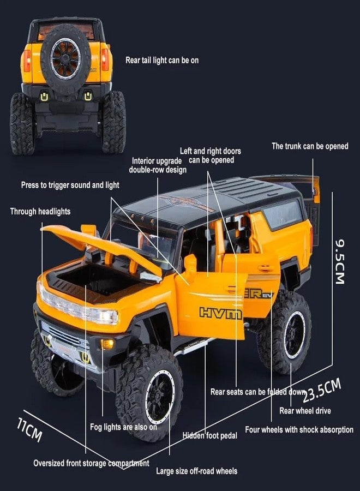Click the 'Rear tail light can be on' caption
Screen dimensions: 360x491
point(162,60)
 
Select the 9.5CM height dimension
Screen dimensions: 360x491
point(340,261)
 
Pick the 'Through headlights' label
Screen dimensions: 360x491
point(40,211)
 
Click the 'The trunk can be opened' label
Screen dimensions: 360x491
point(310,146)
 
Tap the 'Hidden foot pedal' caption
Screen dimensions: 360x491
point(210,435)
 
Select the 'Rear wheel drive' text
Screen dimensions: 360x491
point(305,410)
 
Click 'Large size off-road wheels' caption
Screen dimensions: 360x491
point(197,471)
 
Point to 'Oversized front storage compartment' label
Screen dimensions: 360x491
point(92,463)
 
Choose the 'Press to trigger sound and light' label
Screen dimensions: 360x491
point(70,185)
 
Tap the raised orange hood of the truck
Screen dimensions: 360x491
point(102,247)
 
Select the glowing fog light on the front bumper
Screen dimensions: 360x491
point(107,344)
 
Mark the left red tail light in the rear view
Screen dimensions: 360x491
point(27,61)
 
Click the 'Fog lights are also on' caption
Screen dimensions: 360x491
point(124,427)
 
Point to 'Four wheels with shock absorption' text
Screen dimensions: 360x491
point(299,430)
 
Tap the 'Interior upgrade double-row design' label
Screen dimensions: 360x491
point(158,165)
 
